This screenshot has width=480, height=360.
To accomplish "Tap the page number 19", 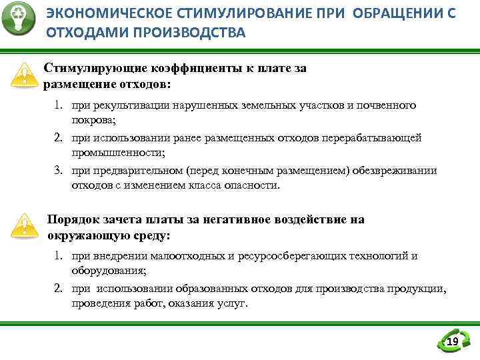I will point(453,342).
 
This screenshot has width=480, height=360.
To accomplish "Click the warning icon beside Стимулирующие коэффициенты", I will point(25,75).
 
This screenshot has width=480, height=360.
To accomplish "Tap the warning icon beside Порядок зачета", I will point(25,226).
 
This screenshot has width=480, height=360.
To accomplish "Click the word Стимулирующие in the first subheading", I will point(89,68).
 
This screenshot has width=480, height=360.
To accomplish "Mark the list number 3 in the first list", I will point(59,171).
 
